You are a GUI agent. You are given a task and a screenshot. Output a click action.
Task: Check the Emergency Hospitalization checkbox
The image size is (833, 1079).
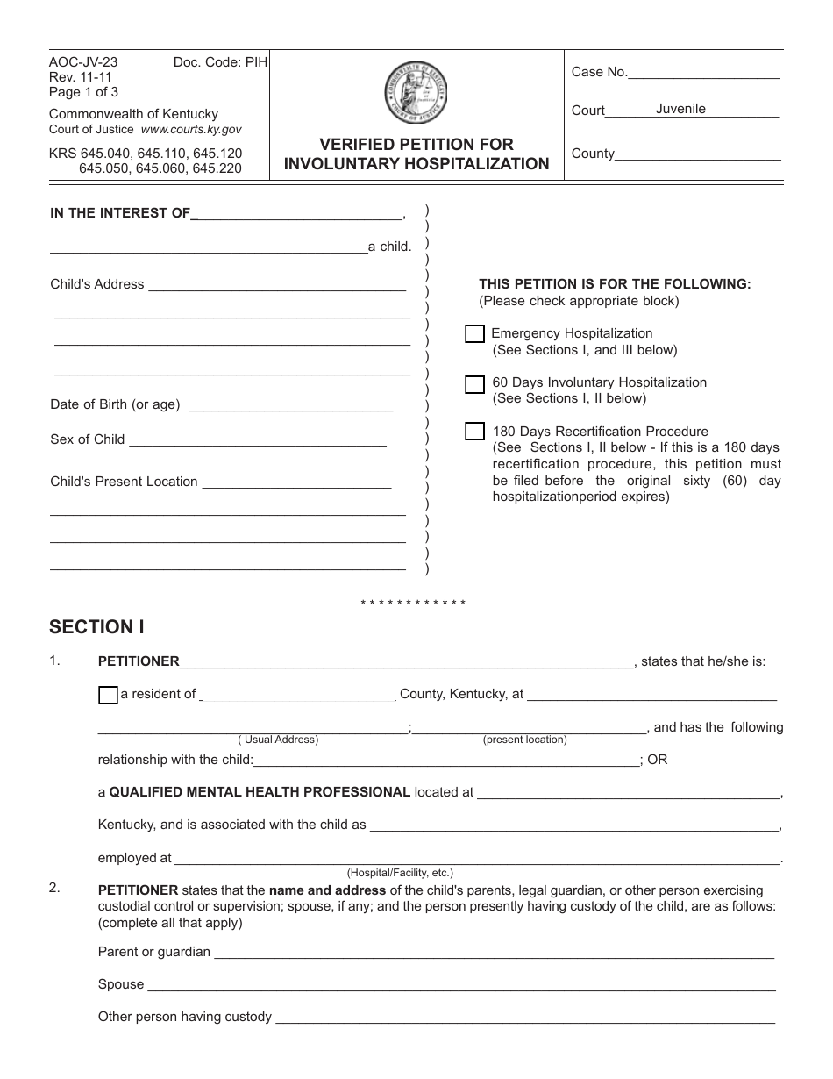pos(474,334)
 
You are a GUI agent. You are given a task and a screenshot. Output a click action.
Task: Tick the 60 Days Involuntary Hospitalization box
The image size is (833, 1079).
pos(474,384)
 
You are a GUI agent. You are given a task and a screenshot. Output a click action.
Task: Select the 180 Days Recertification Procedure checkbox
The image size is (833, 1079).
pos(474,432)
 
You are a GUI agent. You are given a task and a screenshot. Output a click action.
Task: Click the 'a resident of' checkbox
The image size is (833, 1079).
pos(108,695)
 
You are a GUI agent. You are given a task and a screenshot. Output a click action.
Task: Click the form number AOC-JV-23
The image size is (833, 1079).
pos(83,62)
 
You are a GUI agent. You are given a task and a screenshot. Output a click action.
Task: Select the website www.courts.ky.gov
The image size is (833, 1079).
pos(191,129)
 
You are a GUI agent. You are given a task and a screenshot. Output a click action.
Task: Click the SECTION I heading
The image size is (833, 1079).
pos(96,627)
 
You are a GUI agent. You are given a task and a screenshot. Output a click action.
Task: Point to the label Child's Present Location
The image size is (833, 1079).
pos(124,482)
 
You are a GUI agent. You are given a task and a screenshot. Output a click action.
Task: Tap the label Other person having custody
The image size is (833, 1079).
pos(185,1018)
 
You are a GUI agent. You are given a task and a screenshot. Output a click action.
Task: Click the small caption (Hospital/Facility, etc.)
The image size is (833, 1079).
pos(400,873)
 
